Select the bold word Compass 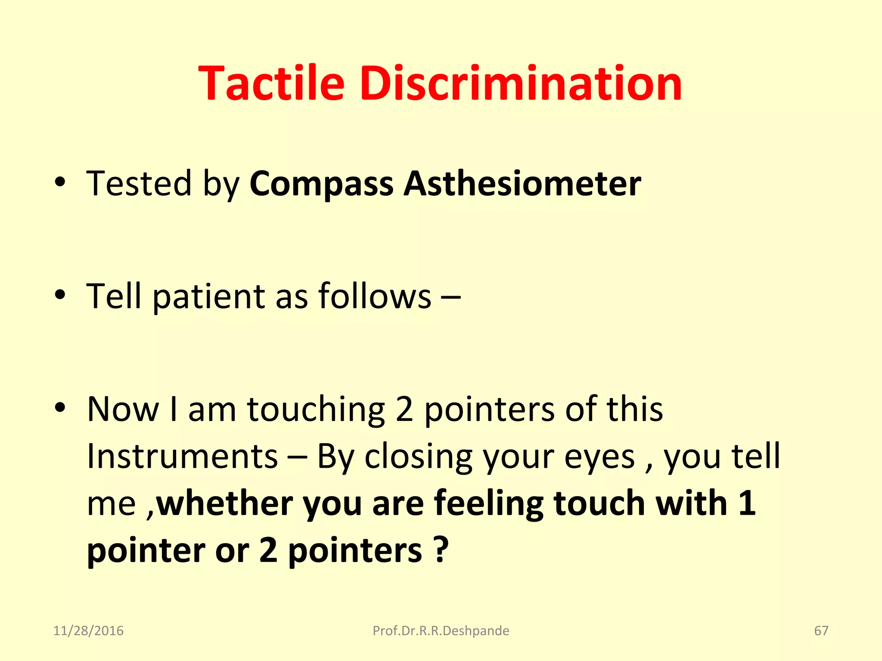[321, 184]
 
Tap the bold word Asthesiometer [522, 184]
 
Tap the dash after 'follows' [451, 297]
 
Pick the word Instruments [182, 456]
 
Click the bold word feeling [488, 503]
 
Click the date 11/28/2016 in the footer [88, 630]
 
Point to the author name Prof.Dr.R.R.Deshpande [441, 630]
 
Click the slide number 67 [821, 630]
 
